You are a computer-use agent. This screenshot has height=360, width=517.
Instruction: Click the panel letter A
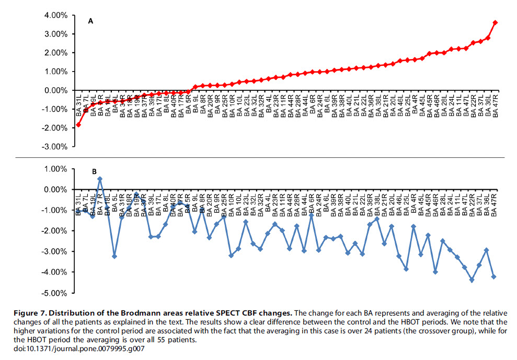[x=90, y=21]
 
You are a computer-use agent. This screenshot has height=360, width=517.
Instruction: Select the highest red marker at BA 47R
[x=495, y=22]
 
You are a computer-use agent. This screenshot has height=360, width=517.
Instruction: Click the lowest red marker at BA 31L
[x=78, y=125]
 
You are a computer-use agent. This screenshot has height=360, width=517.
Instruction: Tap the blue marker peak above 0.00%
[x=100, y=179]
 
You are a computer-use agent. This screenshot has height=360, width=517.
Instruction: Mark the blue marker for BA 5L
[x=114, y=256]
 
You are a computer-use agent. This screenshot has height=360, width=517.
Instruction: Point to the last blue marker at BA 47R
[x=494, y=276]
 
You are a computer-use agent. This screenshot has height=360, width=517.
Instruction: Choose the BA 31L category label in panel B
[x=78, y=204]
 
